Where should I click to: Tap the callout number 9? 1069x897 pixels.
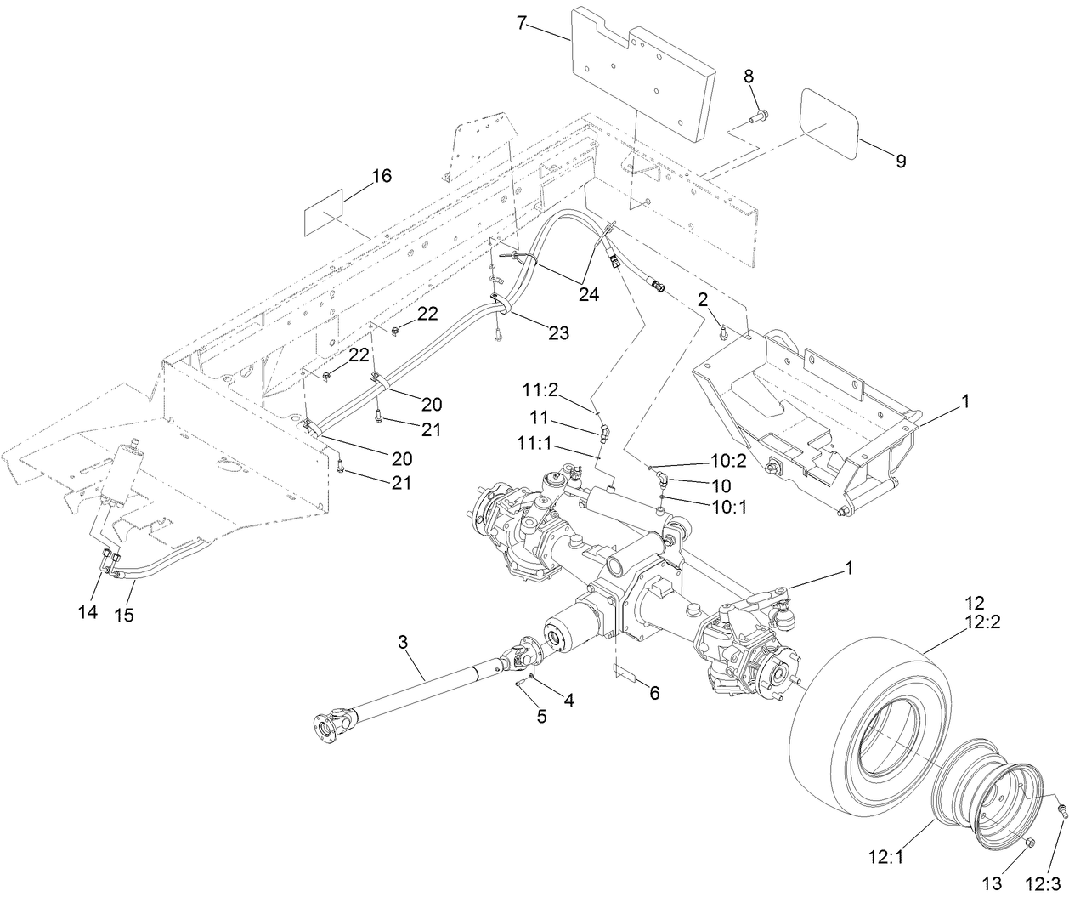click(899, 161)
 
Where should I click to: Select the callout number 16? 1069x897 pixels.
click(382, 176)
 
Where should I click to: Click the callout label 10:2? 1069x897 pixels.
click(728, 461)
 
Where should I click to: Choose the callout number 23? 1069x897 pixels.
click(558, 333)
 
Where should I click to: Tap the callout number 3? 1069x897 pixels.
click(404, 642)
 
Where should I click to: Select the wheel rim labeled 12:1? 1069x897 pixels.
click(986, 791)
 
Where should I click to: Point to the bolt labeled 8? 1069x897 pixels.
click(759, 115)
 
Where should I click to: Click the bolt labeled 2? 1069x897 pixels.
click(722, 332)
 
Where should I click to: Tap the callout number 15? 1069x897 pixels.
click(124, 615)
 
